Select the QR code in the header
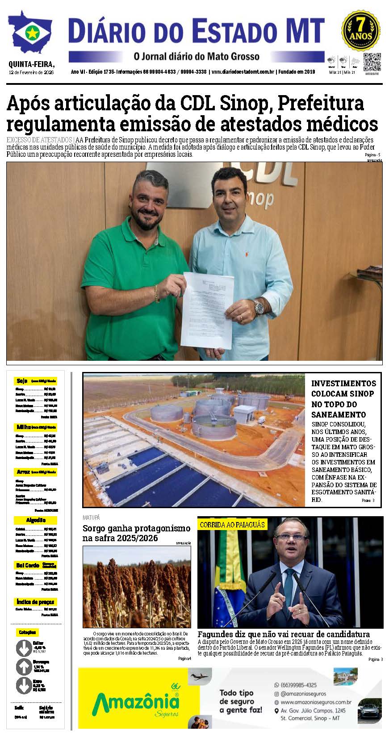click(x=372, y=61)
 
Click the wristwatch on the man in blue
click(x=259, y=307)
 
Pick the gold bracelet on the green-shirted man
click(x=156, y=292)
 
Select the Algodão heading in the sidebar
click(x=36, y=520)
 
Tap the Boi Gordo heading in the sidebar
click(x=28, y=565)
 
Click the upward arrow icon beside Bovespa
click(x=23, y=667)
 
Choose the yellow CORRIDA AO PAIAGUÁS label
click(x=232, y=525)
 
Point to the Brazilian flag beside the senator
click(x=230, y=580)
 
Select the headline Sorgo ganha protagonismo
click(x=136, y=528)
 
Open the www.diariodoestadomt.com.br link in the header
click(x=242, y=72)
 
